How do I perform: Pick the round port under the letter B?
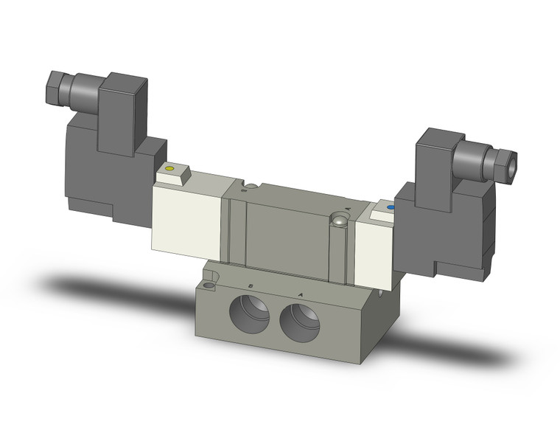pyautogui.click(x=251, y=311)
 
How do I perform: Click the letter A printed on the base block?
pyautogui.click(x=300, y=294)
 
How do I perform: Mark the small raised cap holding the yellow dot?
pyautogui.click(x=174, y=173)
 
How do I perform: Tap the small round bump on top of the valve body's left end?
pyautogui.click(x=251, y=186)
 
